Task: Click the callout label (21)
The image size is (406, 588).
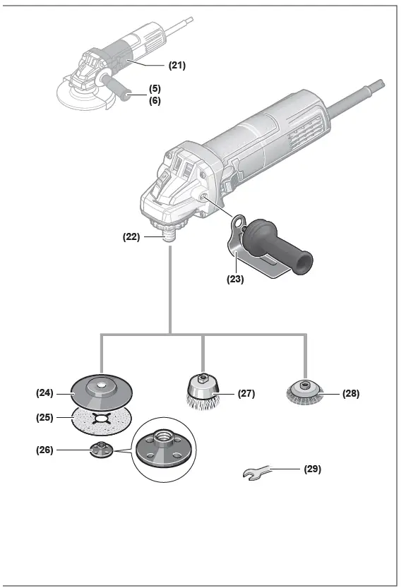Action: coord(177,65)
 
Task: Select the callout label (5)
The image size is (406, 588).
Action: coord(154,89)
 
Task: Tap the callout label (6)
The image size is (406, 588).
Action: coord(154,101)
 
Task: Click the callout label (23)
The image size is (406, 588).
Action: coord(235,279)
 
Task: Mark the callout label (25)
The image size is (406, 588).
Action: coord(46,417)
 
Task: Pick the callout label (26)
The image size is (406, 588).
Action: coord(46,450)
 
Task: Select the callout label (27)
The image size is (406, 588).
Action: coord(246,393)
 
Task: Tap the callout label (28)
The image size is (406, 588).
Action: coord(350,393)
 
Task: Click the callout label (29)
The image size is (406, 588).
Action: coord(312,469)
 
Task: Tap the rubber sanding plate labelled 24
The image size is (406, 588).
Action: coord(103,389)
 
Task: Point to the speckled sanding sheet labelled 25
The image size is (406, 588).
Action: coord(102,423)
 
